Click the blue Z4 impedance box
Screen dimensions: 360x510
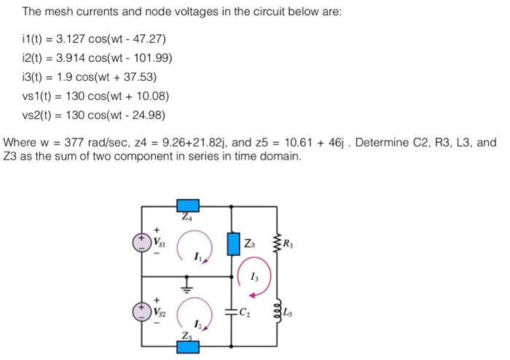point(189,206)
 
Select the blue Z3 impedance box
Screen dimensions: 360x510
point(232,243)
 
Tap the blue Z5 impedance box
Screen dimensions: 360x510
point(189,345)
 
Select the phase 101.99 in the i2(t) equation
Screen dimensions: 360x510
point(153,57)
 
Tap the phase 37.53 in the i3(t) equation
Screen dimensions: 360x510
point(140,77)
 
